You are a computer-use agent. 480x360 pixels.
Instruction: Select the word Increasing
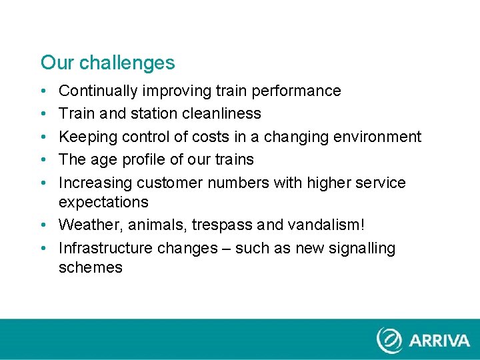95,183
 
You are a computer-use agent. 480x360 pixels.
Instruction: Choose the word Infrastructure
105,248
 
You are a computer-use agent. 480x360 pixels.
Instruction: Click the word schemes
91,268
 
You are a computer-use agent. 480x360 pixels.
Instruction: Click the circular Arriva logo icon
390,340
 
